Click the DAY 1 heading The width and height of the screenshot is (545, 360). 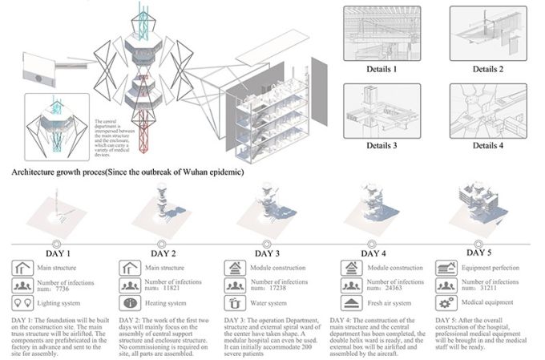56,253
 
